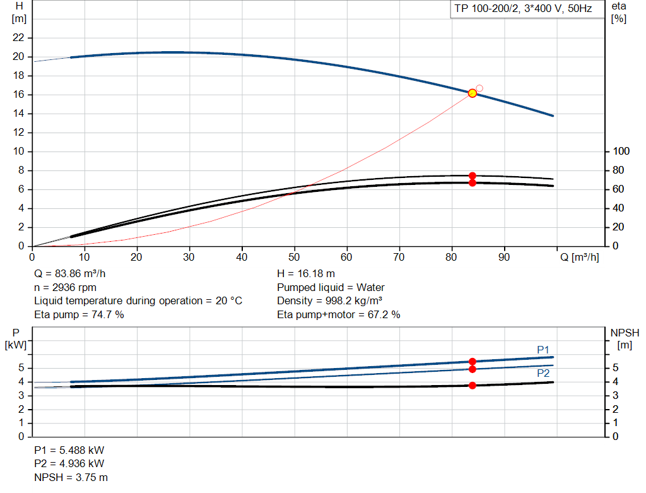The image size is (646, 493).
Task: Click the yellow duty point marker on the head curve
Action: [x=472, y=93]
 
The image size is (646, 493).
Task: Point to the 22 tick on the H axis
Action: [x=19, y=38]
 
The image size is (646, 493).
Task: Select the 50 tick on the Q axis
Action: [x=294, y=258]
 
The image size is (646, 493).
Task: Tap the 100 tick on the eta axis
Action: [x=621, y=151]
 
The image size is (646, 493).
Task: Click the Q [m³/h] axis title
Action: [x=578, y=258]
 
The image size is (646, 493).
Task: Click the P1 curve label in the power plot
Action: [x=543, y=350]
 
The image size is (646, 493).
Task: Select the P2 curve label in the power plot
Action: [x=543, y=373]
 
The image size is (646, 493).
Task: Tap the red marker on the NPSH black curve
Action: [x=472, y=385]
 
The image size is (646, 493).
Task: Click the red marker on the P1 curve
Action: [x=472, y=362]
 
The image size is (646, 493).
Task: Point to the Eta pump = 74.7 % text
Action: [x=79, y=314]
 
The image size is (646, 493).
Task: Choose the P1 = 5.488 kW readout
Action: [x=69, y=450]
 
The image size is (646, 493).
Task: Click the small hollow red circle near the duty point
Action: [x=479, y=88]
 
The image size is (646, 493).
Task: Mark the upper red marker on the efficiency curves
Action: [x=472, y=175]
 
